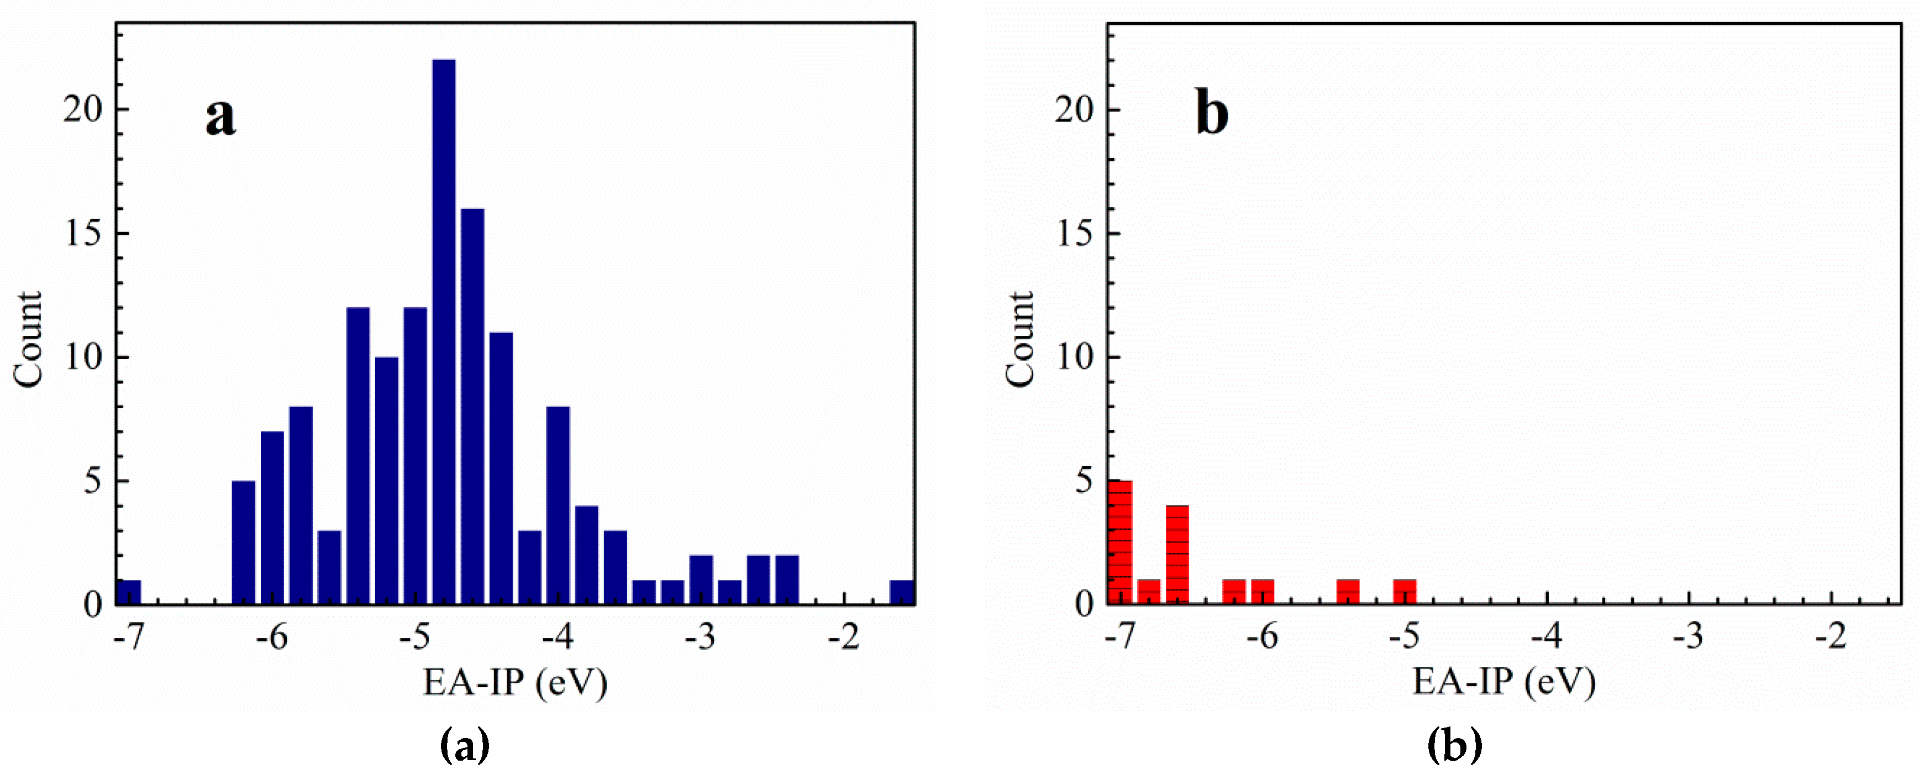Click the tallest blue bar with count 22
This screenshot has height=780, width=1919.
444,331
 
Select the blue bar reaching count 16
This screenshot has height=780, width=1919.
472,406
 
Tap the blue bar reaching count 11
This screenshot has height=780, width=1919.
501,468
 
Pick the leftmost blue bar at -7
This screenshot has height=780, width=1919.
129,592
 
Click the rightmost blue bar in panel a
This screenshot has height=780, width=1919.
902,592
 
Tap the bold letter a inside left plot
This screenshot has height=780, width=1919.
220,116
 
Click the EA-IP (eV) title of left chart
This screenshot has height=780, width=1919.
516,682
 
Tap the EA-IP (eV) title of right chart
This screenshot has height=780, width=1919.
1504,682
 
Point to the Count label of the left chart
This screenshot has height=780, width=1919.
28,340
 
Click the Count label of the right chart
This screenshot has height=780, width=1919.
1020,340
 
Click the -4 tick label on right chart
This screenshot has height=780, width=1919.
1547,637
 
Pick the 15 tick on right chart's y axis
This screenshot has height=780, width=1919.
1074,234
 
